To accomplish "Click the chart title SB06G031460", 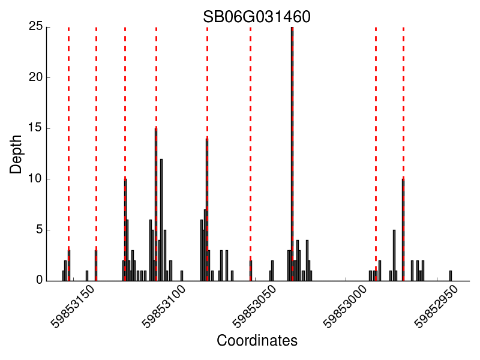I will click(x=256, y=17).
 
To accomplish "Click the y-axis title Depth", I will click(x=16, y=154).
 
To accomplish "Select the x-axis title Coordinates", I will click(x=257, y=341).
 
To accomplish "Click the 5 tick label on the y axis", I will click(x=39, y=230).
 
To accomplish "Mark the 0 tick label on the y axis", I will click(x=39, y=280).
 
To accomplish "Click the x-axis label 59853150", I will click(x=73, y=307).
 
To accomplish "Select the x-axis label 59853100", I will click(x=164, y=307).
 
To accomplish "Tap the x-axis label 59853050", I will click(x=256, y=307).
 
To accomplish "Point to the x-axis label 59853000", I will click(x=347, y=307).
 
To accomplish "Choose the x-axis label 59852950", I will click(x=438, y=307).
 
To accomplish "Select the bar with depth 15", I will click(x=155, y=204).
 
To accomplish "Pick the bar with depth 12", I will click(x=161, y=220).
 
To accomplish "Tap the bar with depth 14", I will click(x=206, y=210).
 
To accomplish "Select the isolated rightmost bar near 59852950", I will click(x=451, y=275).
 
